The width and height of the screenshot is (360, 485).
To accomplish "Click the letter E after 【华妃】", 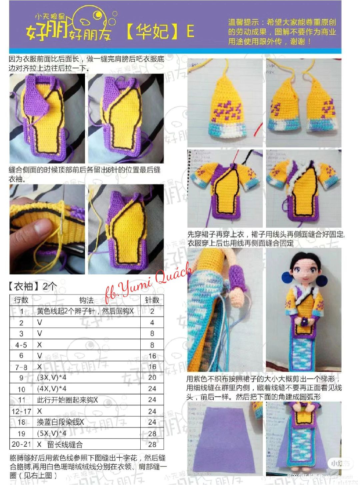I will point(190,32).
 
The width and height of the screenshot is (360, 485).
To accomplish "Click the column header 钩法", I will point(86,300).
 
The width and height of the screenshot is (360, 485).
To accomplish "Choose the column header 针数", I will point(152,300).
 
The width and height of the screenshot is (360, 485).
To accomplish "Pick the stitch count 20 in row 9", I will point(152,377).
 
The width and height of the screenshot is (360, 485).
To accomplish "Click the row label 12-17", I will point(21,411).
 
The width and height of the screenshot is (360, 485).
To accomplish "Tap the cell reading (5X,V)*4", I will point(52,433).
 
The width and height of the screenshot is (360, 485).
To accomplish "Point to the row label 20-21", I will point(21,444).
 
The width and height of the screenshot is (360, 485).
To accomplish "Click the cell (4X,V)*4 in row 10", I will point(52,389).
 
